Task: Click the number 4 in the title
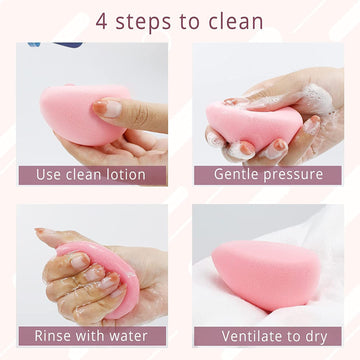pyautogui.click(x=103, y=20)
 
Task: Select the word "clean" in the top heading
pyautogui.click(x=236, y=20)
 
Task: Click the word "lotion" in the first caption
pyautogui.click(x=127, y=175)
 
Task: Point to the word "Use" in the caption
pyautogui.click(x=47, y=175)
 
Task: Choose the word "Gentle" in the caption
pyautogui.click(x=236, y=174)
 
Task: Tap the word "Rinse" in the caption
pyautogui.click(x=53, y=336)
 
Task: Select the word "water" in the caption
pyautogui.click(x=128, y=336)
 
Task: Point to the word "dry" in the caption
pyautogui.click(x=316, y=337)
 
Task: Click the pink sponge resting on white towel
pyautogui.click(x=266, y=274)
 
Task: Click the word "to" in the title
pyautogui.click(x=192, y=21)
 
